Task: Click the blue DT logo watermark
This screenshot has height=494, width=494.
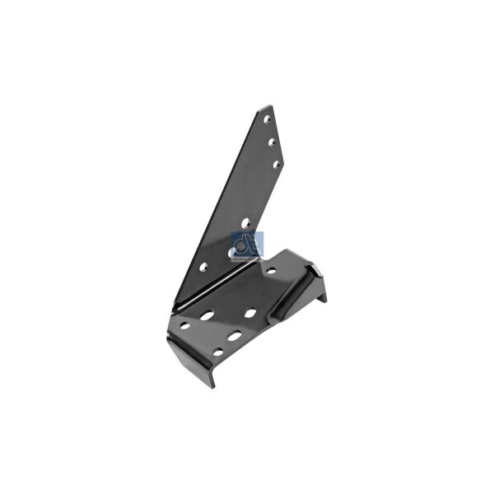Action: pos(243,245)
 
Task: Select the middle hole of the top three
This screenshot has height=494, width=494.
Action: pos(273,142)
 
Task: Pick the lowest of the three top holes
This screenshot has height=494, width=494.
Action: pos(277,164)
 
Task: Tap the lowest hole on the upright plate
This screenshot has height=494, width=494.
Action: pos(204,266)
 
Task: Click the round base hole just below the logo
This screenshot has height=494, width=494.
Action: pos(272,268)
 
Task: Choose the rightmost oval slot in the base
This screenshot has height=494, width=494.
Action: pos(250,313)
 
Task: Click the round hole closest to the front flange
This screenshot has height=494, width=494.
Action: pos(217,355)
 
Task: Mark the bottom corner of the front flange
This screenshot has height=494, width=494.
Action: pos(212,385)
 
